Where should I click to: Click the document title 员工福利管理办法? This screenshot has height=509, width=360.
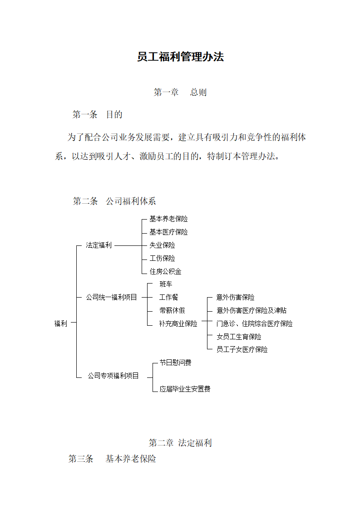point(180,57)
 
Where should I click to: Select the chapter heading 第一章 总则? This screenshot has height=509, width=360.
point(180,93)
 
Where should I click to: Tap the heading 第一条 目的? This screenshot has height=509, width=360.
point(97,115)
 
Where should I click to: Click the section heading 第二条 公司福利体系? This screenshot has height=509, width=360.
point(114,201)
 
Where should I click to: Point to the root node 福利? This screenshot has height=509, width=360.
point(60,323)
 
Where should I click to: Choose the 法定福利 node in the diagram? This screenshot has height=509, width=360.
point(99,245)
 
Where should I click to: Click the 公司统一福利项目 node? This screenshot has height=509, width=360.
point(111,297)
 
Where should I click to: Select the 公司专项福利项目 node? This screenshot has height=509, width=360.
point(113,376)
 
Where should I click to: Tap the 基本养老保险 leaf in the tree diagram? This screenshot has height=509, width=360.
point(168,219)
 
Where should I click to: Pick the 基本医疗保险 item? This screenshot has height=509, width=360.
point(168,232)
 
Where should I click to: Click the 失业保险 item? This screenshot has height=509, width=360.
point(162,245)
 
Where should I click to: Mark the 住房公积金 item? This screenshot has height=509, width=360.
point(165,271)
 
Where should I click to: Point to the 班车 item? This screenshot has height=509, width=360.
point(166,284)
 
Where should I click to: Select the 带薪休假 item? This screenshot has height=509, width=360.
point(172,311)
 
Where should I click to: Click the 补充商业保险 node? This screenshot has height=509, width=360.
point(178,323)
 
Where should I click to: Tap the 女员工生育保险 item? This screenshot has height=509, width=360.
point(239,337)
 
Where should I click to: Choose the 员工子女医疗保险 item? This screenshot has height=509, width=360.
point(242,350)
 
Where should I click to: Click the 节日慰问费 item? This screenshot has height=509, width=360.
point(175,362)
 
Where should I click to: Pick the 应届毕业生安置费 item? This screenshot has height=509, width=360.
point(185,389)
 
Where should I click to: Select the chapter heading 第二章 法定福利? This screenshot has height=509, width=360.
point(180,443)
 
